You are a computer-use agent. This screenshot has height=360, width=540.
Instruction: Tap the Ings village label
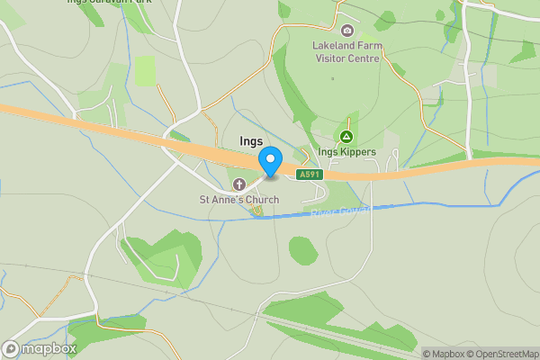click(252, 141)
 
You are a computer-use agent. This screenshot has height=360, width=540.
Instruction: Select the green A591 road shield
click(309, 174)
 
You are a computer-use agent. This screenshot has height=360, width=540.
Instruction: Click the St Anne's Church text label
click(238, 199)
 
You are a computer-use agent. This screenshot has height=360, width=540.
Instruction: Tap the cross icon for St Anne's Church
click(238, 184)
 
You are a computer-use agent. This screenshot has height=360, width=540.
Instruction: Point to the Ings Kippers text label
click(346, 152)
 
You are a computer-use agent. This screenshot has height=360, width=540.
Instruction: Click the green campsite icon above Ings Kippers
click(346, 138)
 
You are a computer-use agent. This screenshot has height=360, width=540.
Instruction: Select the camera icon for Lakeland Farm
click(347, 31)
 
